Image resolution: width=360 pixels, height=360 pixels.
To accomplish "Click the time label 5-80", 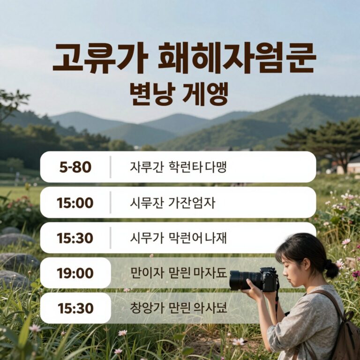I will tap(75, 167).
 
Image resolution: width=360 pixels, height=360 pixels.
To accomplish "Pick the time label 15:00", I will tap(75, 203).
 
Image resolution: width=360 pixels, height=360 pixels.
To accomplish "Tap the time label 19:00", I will tap(75, 273).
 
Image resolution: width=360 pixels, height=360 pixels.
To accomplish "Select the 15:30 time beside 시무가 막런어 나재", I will tap(75, 238).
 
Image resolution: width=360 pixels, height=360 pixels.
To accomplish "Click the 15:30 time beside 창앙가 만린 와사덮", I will tap(75, 308).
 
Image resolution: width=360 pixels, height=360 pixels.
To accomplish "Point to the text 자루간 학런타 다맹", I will tap(178, 167).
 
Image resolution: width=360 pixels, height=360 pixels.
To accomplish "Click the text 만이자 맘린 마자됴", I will tap(178, 273).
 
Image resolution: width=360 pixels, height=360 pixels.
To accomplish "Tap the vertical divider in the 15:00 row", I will tap(111, 202).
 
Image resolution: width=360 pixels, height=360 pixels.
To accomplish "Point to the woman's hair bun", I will tap(331, 269).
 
